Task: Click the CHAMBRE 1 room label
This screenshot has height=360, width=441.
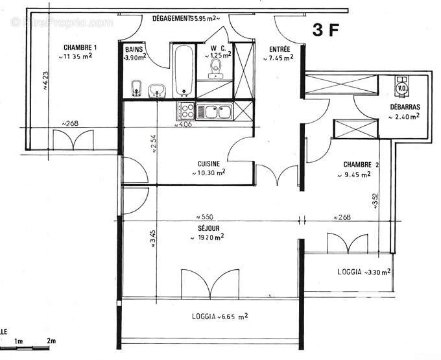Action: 80,47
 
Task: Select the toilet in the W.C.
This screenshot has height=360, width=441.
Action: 215,68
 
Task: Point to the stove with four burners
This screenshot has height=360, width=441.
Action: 185,111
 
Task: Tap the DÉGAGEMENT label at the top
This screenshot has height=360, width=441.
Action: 173,18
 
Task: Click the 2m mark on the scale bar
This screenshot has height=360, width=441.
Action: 51,341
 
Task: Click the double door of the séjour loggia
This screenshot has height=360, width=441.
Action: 208,283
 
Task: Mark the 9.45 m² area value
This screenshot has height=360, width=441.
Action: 357,174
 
